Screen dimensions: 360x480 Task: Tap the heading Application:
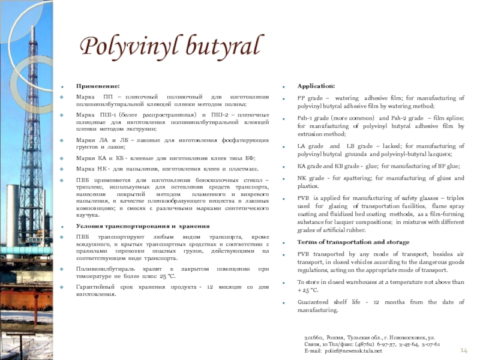click(316, 86)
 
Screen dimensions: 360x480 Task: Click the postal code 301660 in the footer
click(313, 338)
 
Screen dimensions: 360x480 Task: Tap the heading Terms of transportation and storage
click(353, 242)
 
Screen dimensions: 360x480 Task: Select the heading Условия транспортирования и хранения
click(143, 226)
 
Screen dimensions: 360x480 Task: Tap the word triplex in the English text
click(454, 198)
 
